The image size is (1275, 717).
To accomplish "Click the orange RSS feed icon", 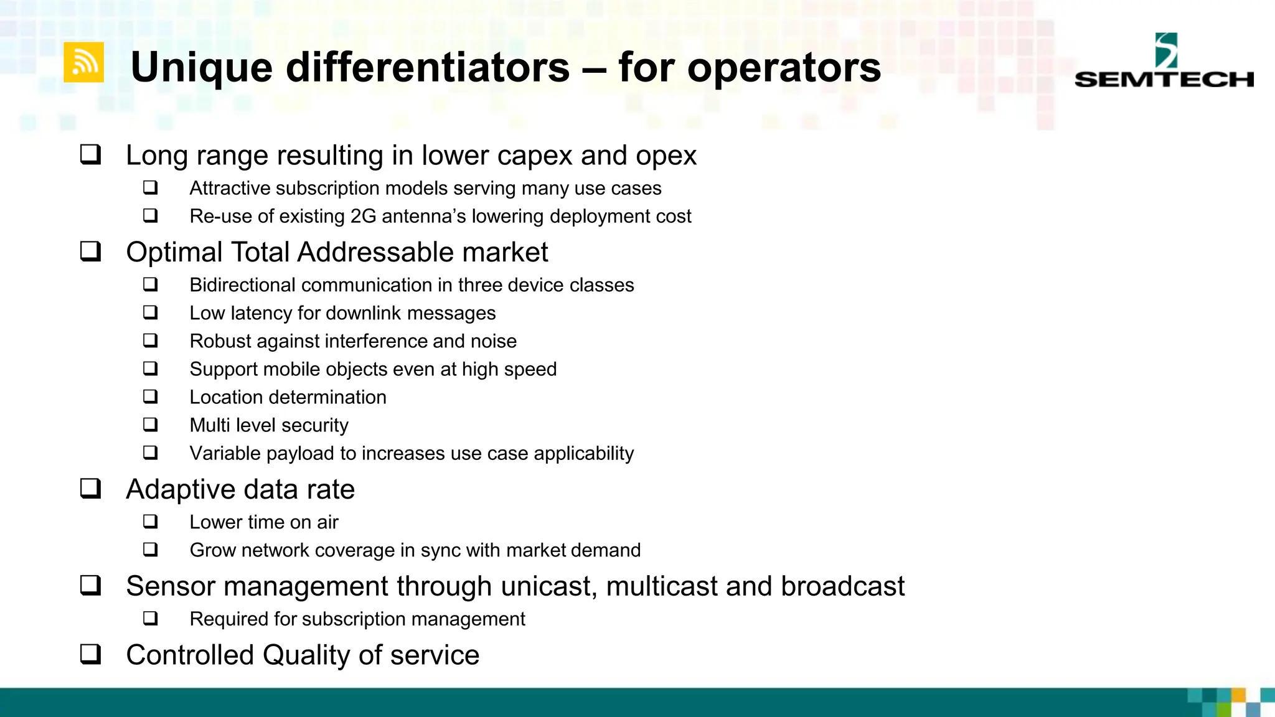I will click(x=84, y=62).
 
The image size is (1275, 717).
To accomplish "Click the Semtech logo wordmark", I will click(x=1164, y=79).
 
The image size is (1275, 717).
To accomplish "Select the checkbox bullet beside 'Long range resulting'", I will click(x=90, y=154).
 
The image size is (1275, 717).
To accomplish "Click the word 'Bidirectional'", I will click(x=242, y=285).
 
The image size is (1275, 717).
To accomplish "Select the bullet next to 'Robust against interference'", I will click(x=150, y=340).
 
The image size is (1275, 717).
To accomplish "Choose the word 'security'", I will click(x=314, y=425).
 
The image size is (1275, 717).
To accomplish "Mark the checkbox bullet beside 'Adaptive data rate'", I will click(x=90, y=489).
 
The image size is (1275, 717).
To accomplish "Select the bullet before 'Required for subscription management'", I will click(x=150, y=619).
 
